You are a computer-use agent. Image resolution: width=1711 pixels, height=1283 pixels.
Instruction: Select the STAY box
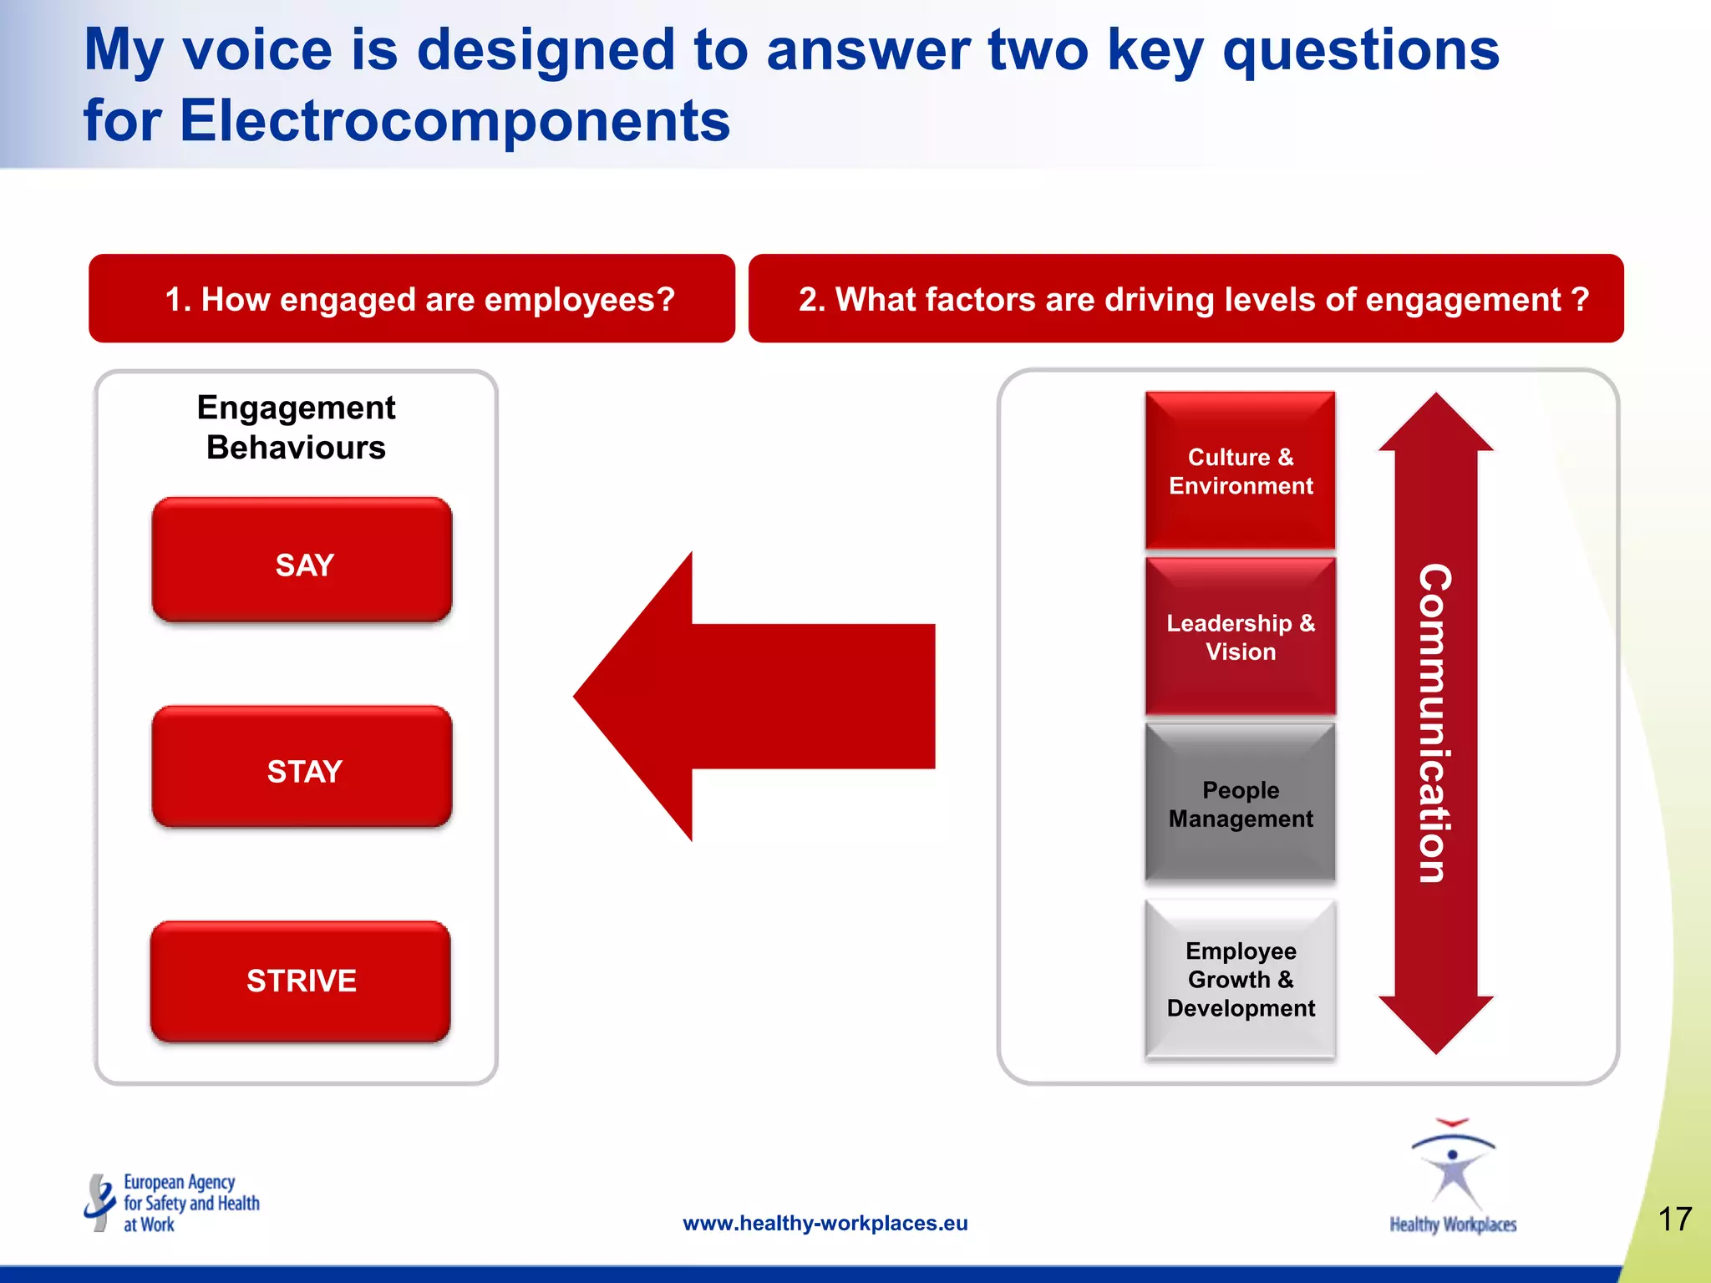pyautogui.click(x=302, y=768)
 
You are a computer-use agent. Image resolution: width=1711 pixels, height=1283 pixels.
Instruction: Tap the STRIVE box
pyautogui.click(x=301, y=981)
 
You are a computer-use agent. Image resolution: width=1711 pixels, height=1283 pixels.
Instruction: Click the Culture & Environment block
pyautogui.click(x=1240, y=471)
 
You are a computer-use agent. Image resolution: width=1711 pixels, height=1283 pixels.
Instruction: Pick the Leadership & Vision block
pyautogui.click(x=1240, y=636)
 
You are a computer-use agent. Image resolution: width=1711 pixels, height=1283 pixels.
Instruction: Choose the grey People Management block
pyautogui.click(x=1240, y=804)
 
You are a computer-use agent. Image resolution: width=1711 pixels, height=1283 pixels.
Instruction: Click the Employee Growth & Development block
pyautogui.click(x=1240, y=979)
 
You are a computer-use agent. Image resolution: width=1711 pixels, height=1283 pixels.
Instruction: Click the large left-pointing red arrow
pyautogui.click(x=752, y=696)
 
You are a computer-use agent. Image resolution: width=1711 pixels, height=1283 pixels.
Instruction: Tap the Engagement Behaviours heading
pyautogui.click(x=296, y=428)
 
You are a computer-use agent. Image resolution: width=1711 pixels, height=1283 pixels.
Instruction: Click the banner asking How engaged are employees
pyautogui.click(x=412, y=299)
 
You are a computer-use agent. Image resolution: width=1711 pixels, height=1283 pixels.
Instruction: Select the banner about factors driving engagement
pyautogui.click(x=1186, y=299)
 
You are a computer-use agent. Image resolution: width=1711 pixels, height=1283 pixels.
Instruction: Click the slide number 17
pyautogui.click(x=1674, y=1219)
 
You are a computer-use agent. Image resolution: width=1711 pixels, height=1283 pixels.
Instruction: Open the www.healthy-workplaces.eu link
pyautogui.click(x=825, y=1223)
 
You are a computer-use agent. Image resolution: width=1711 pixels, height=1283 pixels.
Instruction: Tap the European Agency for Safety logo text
pyautogui.click(x=190, y=1203)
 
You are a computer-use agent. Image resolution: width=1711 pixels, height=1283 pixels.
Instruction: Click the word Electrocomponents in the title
pyautogui.click(x=454, y=120)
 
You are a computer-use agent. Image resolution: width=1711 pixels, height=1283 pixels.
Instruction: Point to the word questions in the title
pyautogui.click(x=1361, y=50)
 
